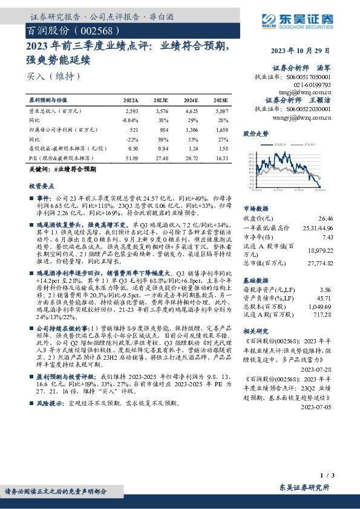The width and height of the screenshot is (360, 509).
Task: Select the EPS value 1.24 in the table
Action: point(192,148)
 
